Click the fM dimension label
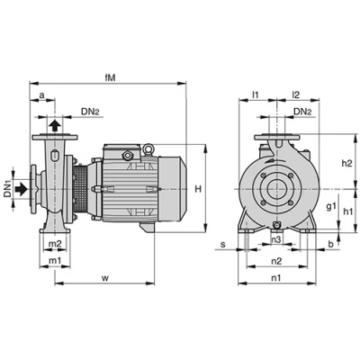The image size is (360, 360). point(110,78)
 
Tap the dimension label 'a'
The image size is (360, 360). point(42,95)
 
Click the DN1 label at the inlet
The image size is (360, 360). point(7,189)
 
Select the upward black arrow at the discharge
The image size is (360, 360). point(55,125)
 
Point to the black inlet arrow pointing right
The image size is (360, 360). point(21,189)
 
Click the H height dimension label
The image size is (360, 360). point(198,189)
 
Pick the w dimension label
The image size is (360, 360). point(104,278)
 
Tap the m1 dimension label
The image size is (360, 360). point(55,261)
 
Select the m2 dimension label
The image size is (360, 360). point(55,244)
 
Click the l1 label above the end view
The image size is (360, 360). point(255,95)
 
